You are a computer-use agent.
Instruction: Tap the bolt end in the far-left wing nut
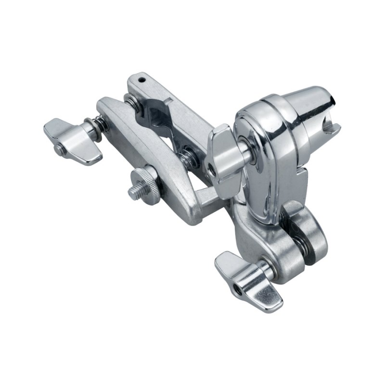[60, 150]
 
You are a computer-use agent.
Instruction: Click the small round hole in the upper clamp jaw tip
[141, 77]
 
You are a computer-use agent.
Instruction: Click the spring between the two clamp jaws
[189, 156]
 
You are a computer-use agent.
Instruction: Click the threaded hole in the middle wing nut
[211, 168]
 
